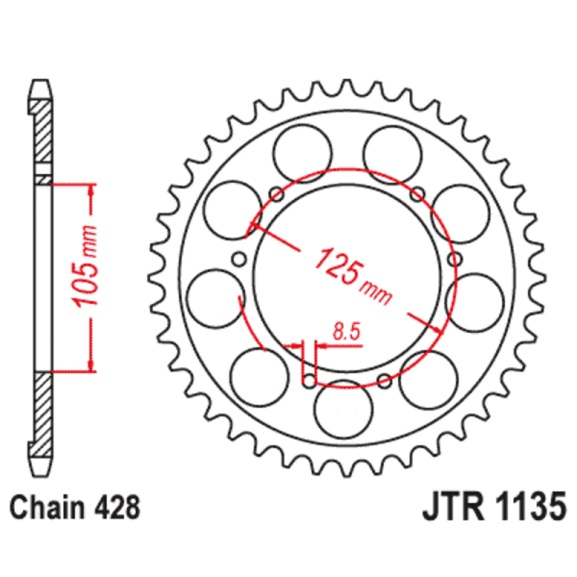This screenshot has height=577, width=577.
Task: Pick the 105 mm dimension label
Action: tap(86, 275)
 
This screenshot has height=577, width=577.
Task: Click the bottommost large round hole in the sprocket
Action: tap(342, 408)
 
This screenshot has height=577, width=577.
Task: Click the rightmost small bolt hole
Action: tap(455, 259)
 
